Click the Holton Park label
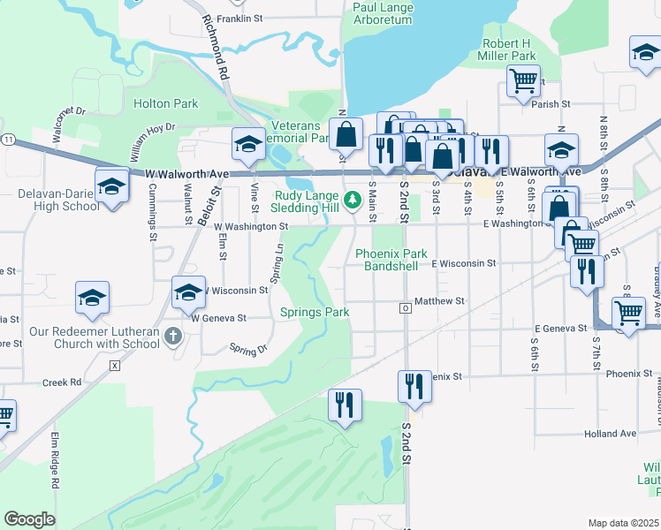click(x=165, y=103)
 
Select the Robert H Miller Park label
click(x=508, y=49)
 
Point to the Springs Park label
click(x=315, y=312)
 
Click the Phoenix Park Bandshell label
click(x=391, y=260)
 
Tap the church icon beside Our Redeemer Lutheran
click(x=173, y=336)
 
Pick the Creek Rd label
click(x=62, y=382)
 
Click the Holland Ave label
click(x=611, y=434)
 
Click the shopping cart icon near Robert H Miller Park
click(x=523, y=80)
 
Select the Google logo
click(x=29, y=519)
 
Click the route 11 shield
click(x=8, y=140)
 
